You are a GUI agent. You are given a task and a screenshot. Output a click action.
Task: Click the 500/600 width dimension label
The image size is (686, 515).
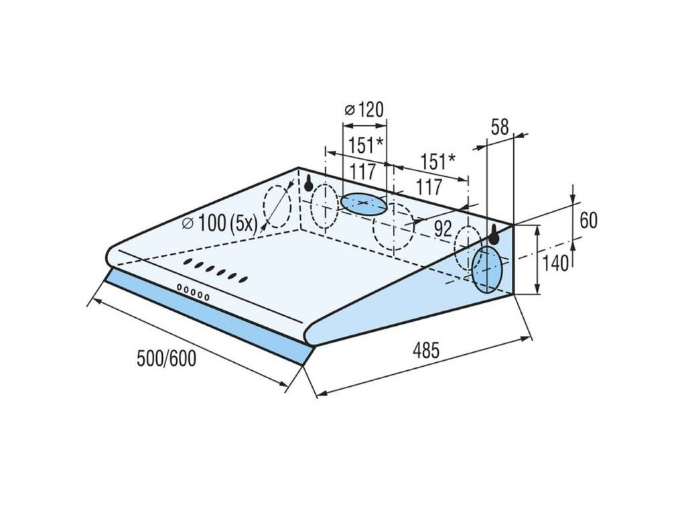pyautogui.click(x=167, y=358)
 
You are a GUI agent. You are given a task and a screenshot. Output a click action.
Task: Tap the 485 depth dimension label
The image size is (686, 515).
pyautogui.click(x=426, y=350)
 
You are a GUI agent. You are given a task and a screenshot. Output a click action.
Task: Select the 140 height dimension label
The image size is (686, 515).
pyautogui.click(x=555, y=263)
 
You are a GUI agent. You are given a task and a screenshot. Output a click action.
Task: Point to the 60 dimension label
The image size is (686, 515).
pyautogui.click(x=588, y=220)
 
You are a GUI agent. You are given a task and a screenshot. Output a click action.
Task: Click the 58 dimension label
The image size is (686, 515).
pyautogui.click(x=500, y=127)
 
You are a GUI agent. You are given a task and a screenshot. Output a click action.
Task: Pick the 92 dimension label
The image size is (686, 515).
pyautogui.click(x=443, y=228)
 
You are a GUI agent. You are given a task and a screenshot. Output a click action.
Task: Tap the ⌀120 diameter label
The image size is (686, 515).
pyautogui.click(x=364, y=109)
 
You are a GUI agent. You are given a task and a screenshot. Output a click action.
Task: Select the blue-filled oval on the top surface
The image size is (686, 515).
pyautogui.click(x=364, y=204)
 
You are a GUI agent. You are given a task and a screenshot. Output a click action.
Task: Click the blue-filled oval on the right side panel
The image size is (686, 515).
pyautogui.click(x=486, y=270)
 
